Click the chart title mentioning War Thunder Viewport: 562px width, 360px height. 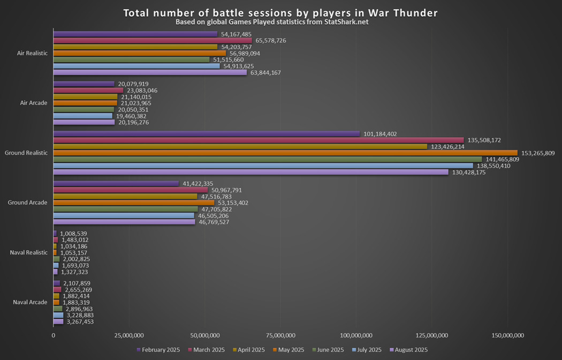(x=280, y=12)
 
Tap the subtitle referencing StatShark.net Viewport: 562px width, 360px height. (x=272, y=22)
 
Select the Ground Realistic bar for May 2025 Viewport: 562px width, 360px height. (x=285, y=153)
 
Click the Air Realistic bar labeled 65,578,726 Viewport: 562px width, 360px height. (x=153, y=40)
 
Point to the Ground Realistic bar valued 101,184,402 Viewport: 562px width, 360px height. (x=207, y=133)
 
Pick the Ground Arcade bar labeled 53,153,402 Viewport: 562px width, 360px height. (x=134, y=202)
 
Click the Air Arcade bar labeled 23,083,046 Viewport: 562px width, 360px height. (x=88, y=90)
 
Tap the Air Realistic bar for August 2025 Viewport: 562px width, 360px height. (x=150, y=72)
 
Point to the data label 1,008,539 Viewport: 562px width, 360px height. (x=74, y=234)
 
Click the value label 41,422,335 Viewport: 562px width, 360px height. (x=198, y=184)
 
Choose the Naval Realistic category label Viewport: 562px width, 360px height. (x=29, y=252)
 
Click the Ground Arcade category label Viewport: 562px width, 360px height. (x=28, y=202)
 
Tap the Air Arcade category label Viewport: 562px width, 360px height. (x=32, y=103)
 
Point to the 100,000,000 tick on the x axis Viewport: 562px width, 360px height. (x=356, y=336)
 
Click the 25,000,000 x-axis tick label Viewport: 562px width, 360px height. (x=128, y=336)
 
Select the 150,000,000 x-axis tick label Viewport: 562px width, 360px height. (x=507, y=336)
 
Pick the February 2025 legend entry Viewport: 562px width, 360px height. (x=160, y=350)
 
